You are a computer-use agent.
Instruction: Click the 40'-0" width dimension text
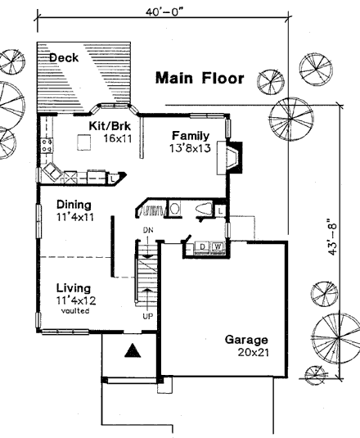tap(165, 11)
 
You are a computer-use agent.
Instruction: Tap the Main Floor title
tap(200, 78)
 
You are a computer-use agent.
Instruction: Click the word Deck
tap(64, 58)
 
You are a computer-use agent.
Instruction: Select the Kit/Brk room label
tap(110, 126)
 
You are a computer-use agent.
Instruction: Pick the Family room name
tap(191, 135)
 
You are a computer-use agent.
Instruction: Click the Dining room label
tap(74, 205)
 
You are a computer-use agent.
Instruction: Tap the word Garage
tap(246, 340)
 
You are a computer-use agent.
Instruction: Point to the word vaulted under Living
tap(75, 311)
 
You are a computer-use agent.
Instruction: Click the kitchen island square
tap(84, 142)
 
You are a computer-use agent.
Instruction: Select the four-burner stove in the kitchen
tap(47, 146)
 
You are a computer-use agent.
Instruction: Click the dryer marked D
tap(203, 246)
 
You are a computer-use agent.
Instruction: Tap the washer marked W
tap(218, 246)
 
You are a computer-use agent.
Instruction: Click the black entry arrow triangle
tap(133, 350)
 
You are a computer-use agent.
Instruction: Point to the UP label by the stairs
tap(148, 316)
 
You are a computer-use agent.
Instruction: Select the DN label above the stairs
tap(148, 230)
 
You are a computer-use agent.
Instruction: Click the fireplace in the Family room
tap(230, 158)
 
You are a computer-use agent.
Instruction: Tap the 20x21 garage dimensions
tap(254, 353)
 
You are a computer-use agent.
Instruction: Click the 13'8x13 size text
tap(191, 148)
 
